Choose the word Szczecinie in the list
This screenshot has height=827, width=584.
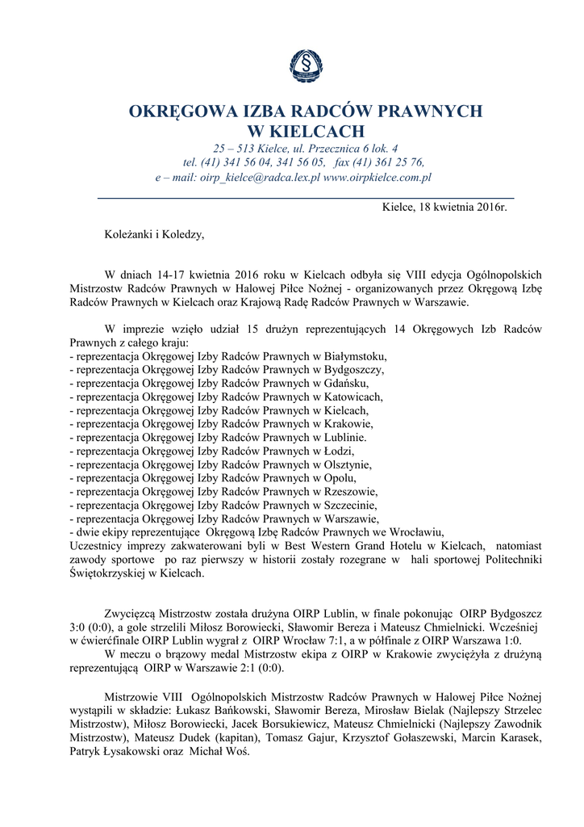point(351,505)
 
